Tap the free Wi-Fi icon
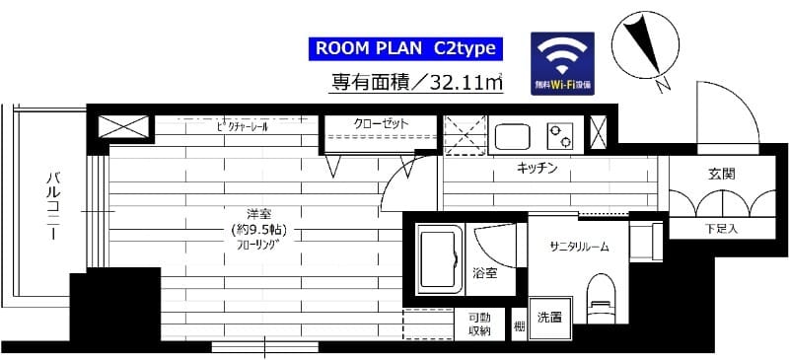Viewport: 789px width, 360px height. pos(564,62)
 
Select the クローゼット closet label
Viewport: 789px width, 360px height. pos(382,124)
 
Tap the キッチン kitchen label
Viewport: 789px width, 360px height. pos(538,169)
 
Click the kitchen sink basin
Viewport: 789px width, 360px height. pos(513,136)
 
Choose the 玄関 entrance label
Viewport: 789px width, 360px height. pos(720,174)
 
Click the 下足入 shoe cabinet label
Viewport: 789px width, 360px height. pos(720,229)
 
